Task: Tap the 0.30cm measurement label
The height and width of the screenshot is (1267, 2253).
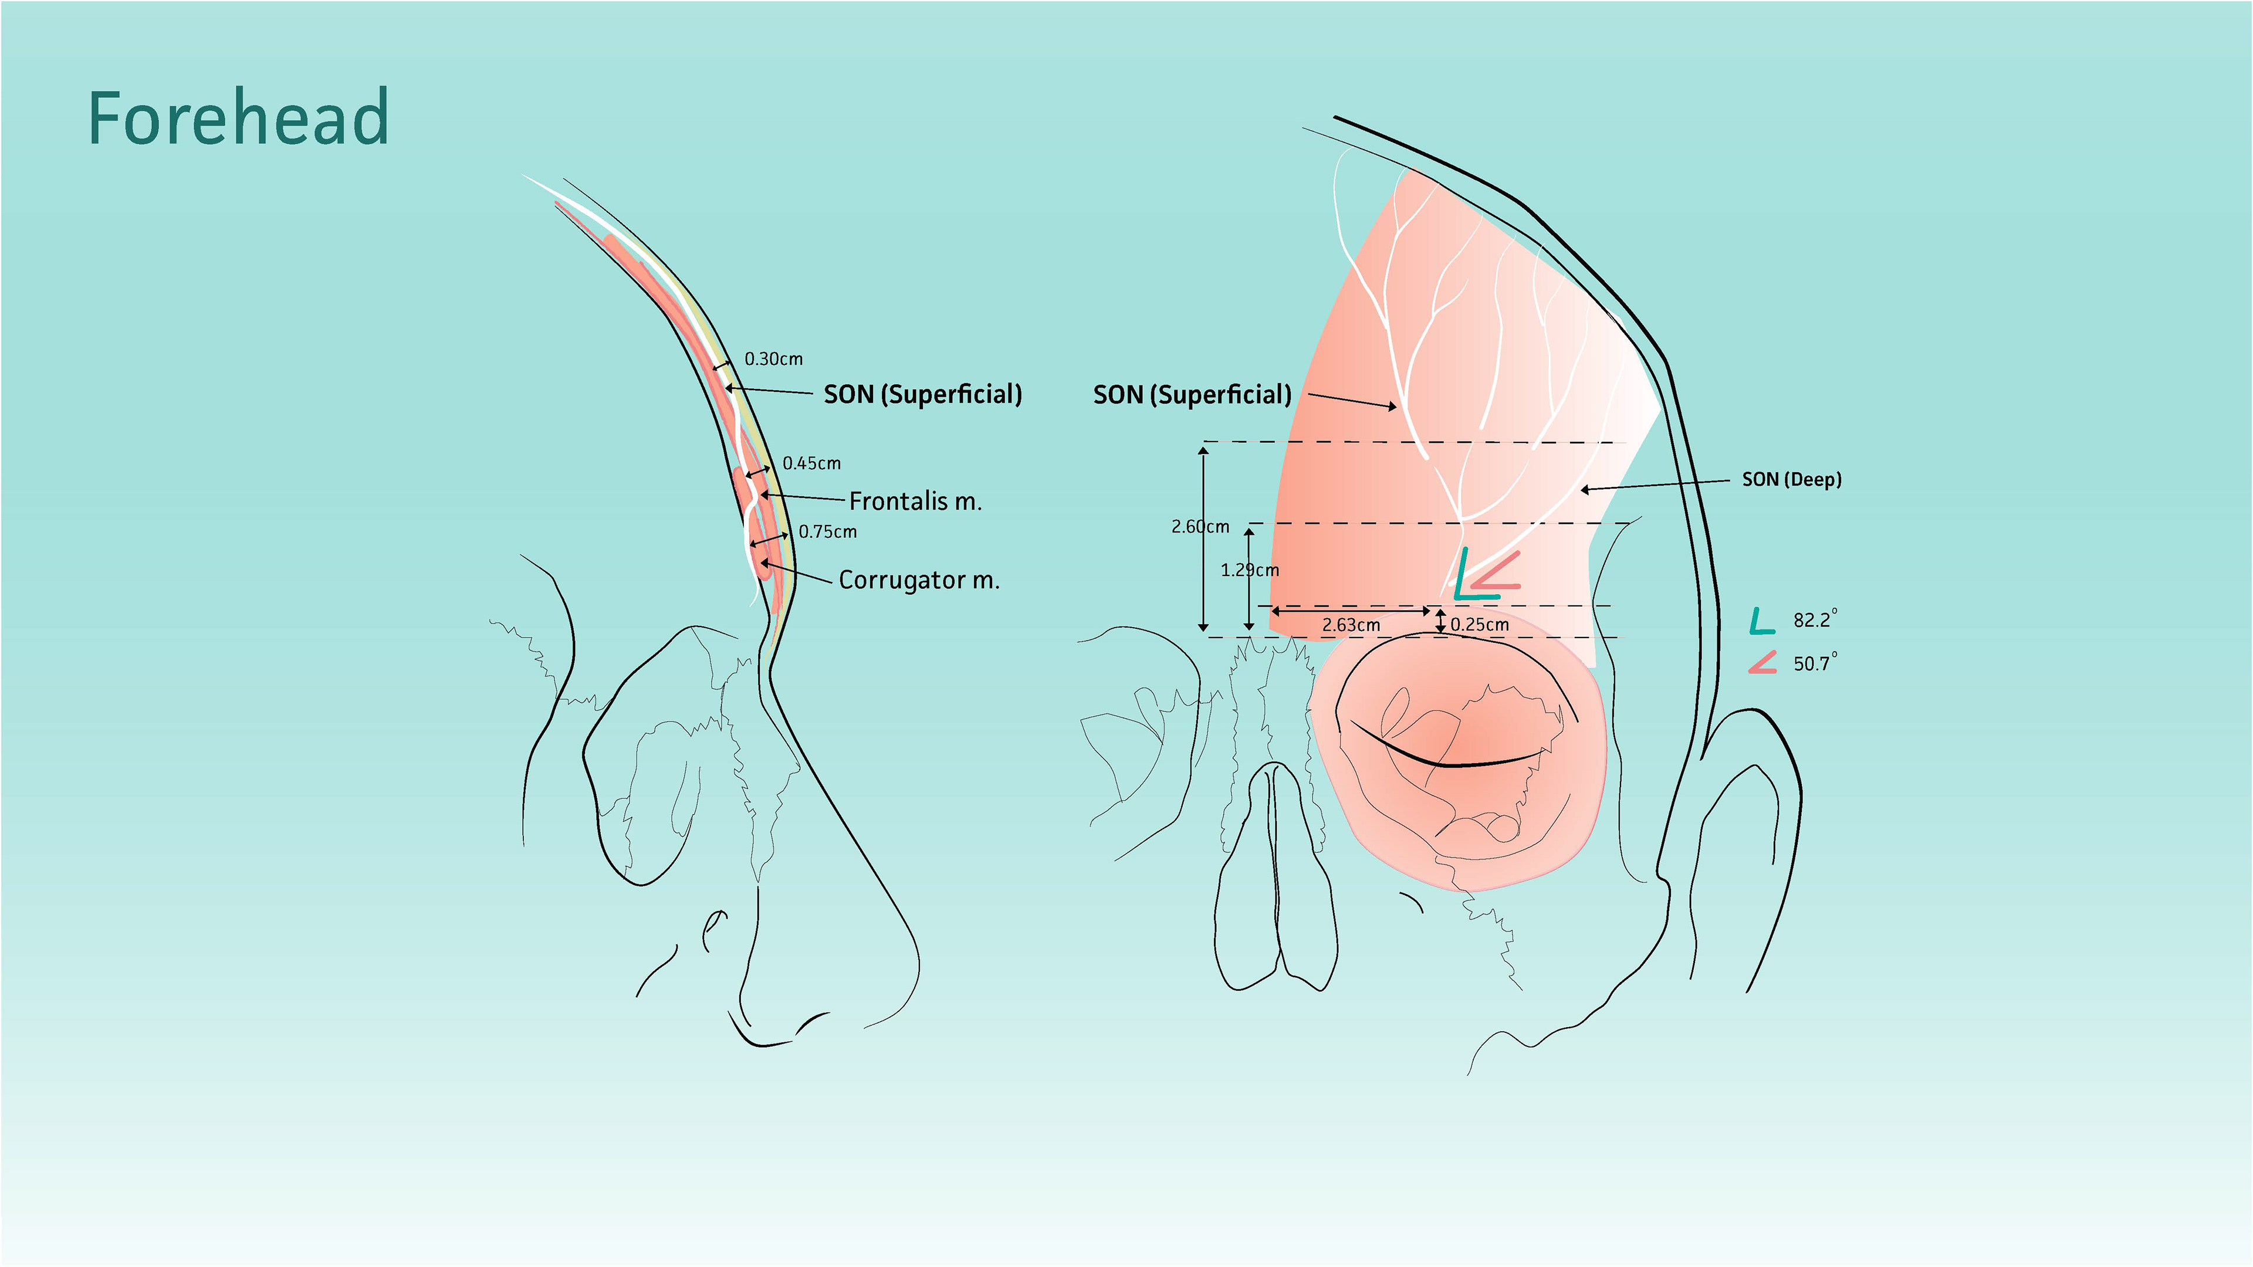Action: (773, 358)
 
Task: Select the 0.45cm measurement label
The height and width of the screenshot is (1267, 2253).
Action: (811, 463)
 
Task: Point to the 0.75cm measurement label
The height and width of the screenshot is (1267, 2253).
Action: (827, 531)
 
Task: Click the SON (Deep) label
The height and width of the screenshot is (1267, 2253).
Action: (1791, 479)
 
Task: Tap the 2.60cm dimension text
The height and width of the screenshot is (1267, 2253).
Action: (1200, 526)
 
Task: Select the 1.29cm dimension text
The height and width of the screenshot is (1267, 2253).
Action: (1249, 570)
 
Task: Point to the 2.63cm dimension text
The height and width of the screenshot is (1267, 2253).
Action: (1351, 625)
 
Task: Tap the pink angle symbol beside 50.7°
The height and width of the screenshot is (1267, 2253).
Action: (1763, 663)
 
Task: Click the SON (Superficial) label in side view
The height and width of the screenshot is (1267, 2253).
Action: (922, 394)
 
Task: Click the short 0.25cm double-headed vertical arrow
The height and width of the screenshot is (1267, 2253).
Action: (1440, 621)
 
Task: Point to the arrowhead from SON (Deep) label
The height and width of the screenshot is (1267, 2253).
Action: (1585, 490)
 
